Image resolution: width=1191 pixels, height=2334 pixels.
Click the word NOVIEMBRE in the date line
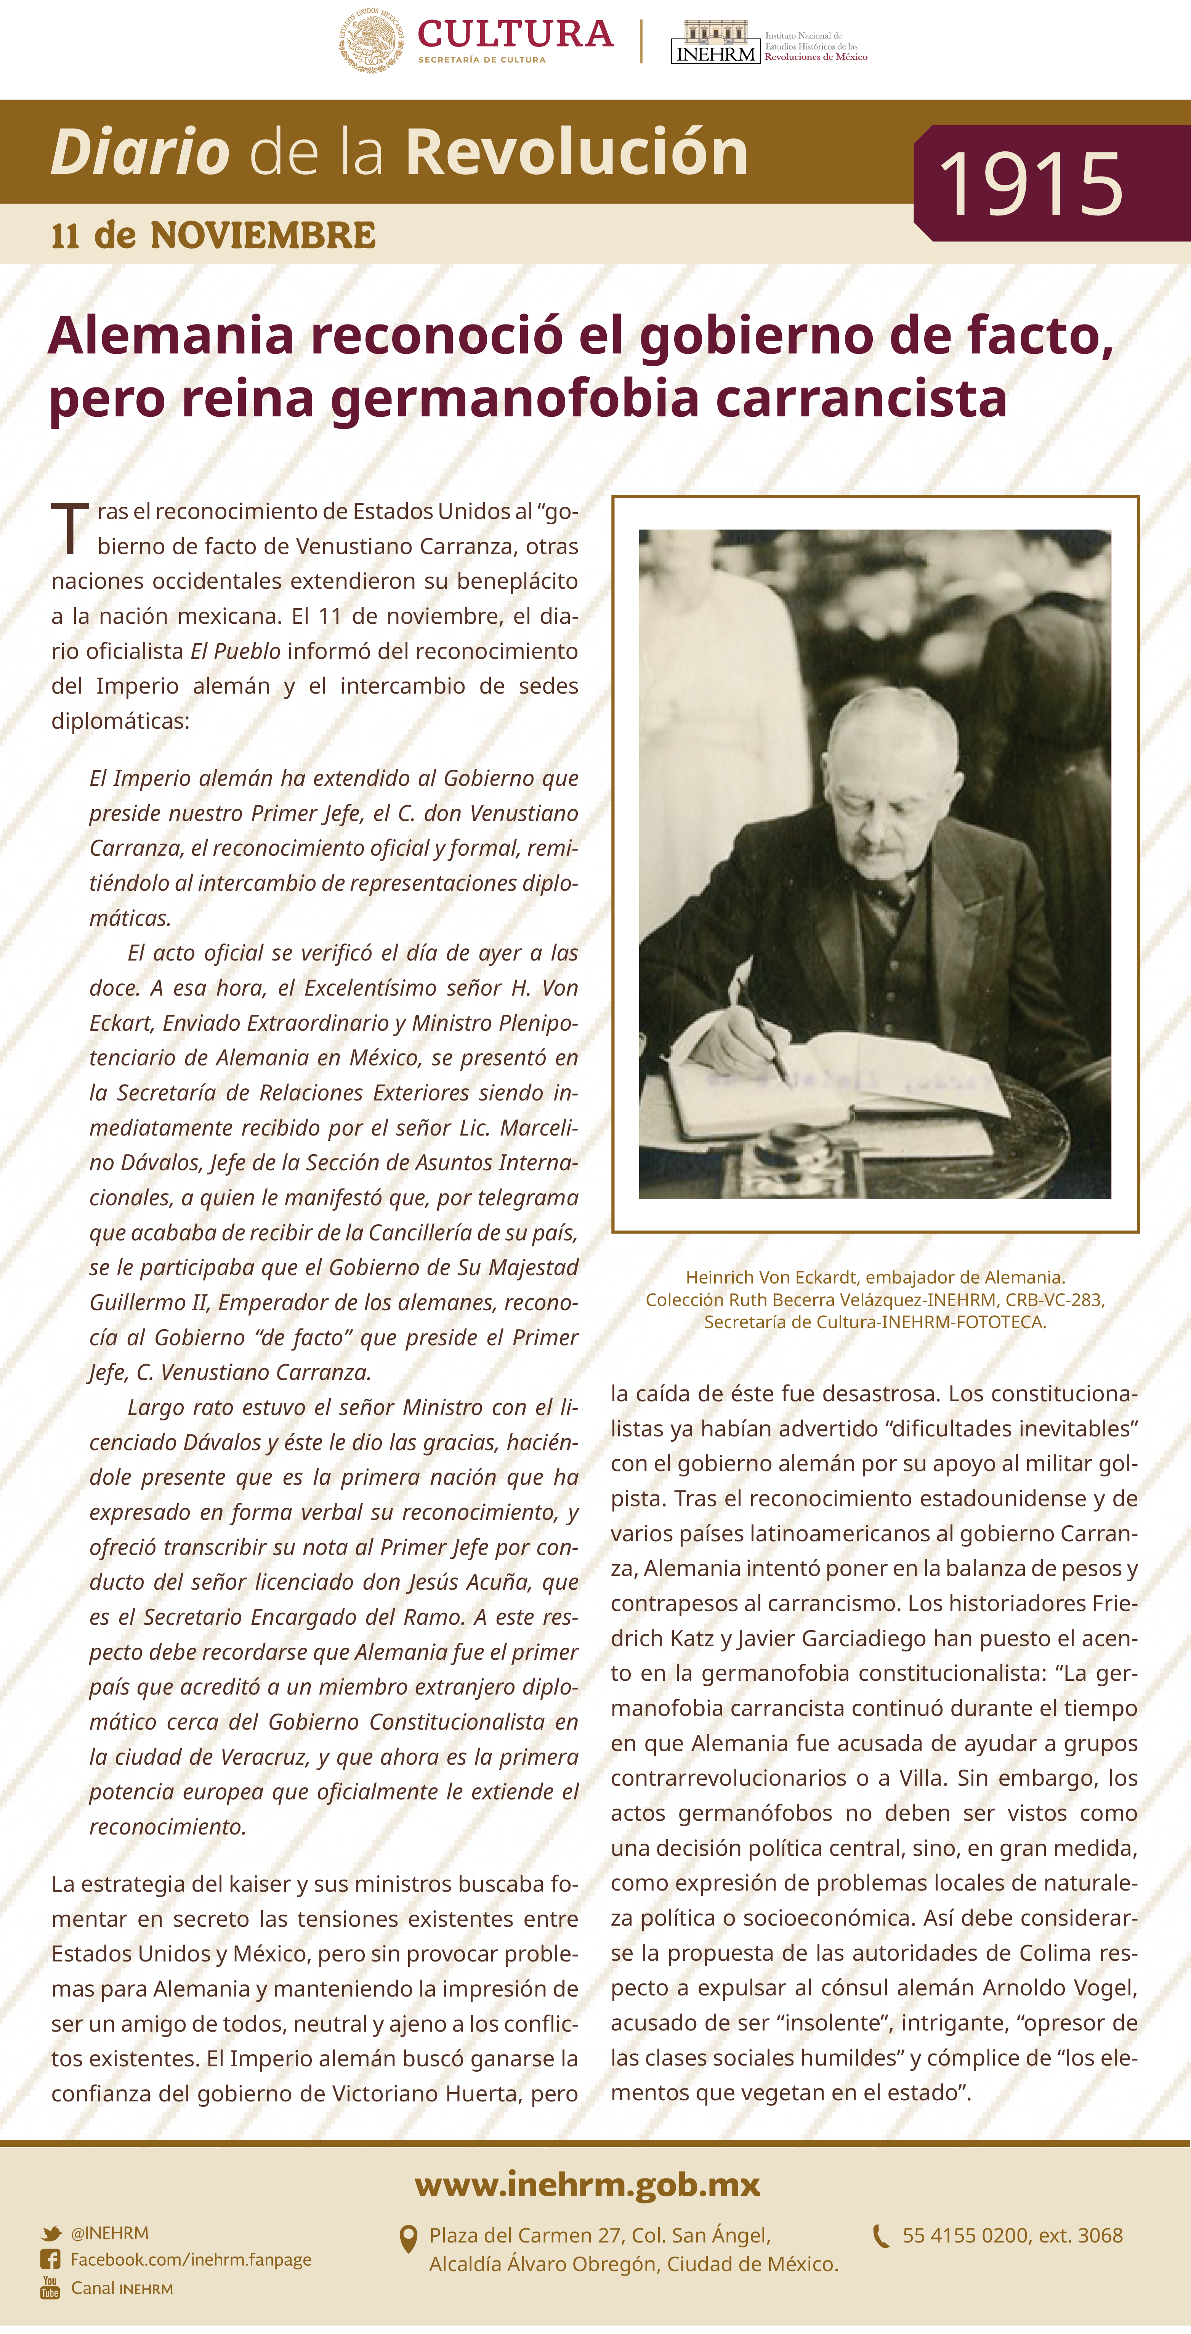click(x=263, y=236)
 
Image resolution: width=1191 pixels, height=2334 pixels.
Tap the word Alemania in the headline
click(x=171, y=335)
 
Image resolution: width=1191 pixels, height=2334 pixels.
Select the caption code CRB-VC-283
click(x=1054, y=1299)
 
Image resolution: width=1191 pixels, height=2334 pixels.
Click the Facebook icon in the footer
click(x=51, y=2260)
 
